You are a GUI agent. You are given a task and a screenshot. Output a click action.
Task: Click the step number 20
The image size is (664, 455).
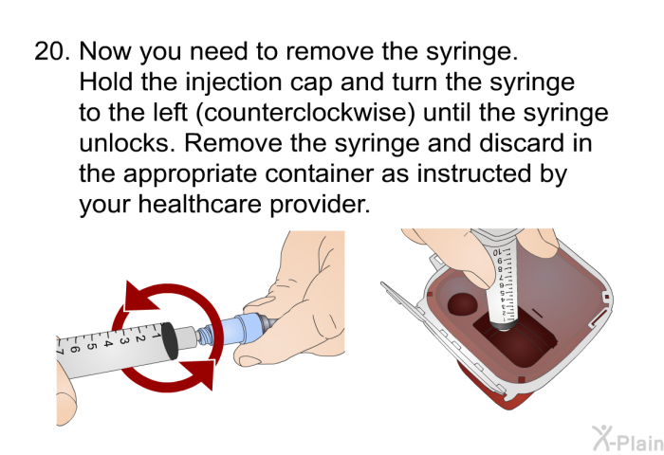coord(51,51)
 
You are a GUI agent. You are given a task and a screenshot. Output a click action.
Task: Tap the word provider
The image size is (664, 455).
coord(320,206)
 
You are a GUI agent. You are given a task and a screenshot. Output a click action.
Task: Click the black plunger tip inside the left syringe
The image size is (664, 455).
coord(170,340)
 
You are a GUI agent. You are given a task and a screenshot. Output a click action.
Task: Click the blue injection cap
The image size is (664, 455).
coord(235,329)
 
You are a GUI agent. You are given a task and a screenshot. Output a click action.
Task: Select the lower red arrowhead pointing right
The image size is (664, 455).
coord(197,373)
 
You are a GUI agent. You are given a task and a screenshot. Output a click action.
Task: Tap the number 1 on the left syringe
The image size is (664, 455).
coord(155,336)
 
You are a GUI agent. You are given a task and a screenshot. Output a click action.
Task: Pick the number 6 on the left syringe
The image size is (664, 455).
coord(75,350)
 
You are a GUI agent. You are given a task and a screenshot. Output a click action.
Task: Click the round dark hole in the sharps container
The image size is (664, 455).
coord(463,304)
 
